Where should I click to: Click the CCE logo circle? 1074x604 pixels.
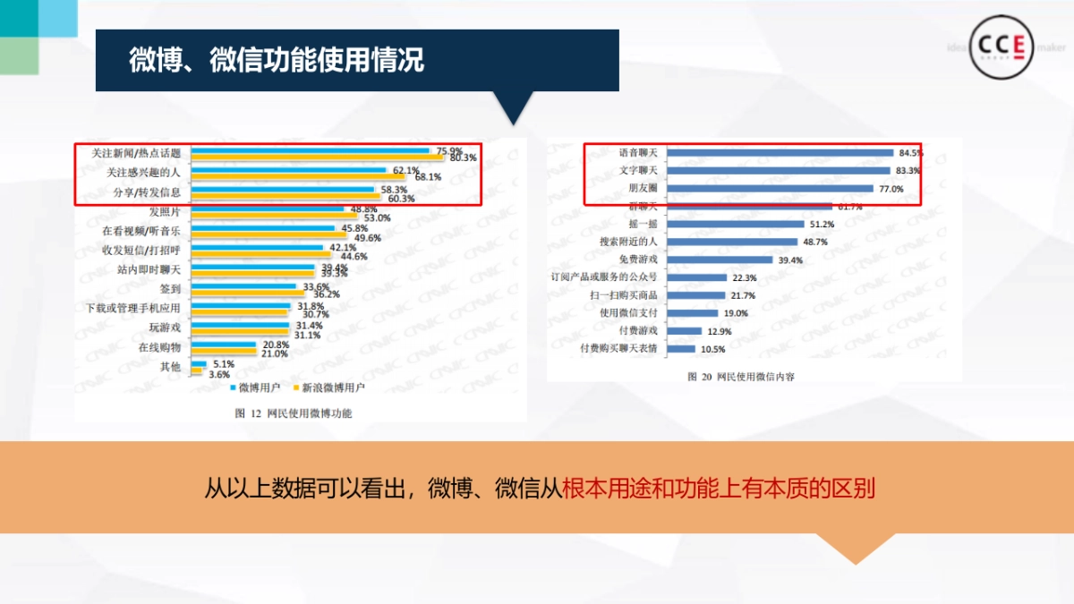coord(1002,47)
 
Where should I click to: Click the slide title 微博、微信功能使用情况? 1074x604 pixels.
coord(277,61)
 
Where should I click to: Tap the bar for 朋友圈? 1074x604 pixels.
coord(771,189)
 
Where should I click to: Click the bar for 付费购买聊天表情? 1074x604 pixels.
coord(681,349)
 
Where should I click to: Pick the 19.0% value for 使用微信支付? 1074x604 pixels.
coord(736,313)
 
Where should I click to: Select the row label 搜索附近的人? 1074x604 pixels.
coord(628,242)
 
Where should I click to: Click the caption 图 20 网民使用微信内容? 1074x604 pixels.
coord(740,377)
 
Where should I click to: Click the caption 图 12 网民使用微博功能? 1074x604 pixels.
coord(294,413)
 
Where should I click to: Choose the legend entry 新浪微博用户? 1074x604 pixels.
coord(333,388)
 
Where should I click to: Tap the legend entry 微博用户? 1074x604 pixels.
coord(260,388)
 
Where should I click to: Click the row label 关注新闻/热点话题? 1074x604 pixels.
coord(142,153)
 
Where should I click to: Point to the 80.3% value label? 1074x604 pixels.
coord(464,158)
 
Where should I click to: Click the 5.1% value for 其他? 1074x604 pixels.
coord(223,364)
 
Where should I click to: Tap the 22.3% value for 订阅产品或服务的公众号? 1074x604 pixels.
coord(745,277)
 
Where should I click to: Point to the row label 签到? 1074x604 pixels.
coord(170,289)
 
